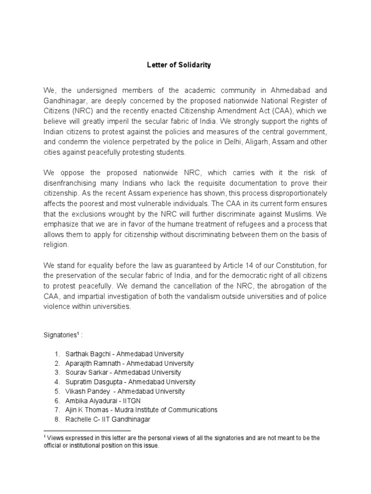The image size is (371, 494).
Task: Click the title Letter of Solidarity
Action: click(x=179, y=65)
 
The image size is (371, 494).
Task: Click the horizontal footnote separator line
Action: click(x=87, y=430)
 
